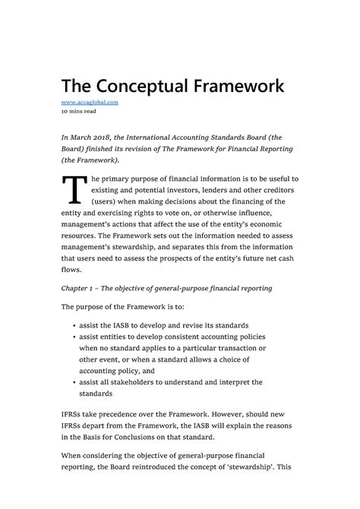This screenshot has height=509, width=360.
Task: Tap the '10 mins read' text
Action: [x=79, y=112]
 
